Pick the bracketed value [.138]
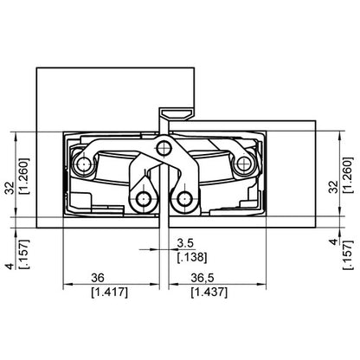click(x=190, y=258)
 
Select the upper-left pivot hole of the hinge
click(x=84, y=164)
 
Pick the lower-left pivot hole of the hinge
click(x=141, y=202)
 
